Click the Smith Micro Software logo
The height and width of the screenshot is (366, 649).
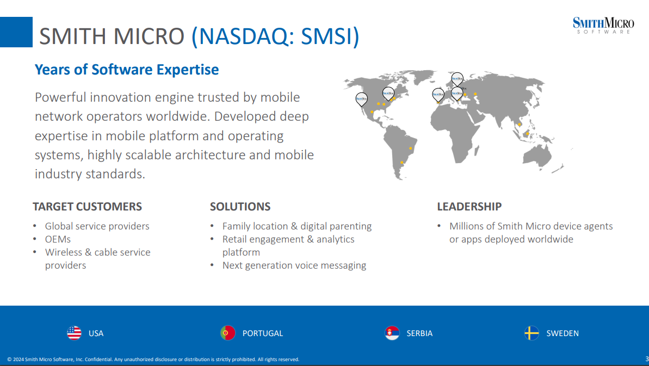[x=603, y=25]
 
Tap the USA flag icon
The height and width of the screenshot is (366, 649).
[x=74, y=333]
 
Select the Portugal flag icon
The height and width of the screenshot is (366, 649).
[x=227, y=333]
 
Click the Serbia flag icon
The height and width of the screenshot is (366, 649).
[x=392, y=333]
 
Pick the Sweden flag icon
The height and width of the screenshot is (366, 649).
[x=531, y=333]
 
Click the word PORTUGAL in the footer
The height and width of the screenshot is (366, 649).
[x=262, y=333]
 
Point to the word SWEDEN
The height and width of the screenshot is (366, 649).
[x=563, y=333]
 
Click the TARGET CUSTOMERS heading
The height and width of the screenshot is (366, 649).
[x=88, y=206]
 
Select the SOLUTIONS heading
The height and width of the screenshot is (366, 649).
[x=240, y=206]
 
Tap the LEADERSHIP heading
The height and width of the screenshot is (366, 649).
[x=469, y=206]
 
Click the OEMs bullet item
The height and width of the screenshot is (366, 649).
[x=58, y=239]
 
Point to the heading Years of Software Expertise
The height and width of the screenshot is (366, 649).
[x=127, y=70]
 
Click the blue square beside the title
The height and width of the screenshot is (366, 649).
[x=16, y=32]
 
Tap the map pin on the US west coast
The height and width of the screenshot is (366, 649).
[x=361, y=100]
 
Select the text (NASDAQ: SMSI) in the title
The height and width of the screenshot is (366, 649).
[x=275, y=36]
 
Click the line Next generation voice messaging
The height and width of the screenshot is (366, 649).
[x=294, y=265]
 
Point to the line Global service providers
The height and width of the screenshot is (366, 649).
[x=97, y=226]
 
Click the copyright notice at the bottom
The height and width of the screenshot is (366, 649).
[x=153, y=359]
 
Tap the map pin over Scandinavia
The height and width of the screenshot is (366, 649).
[x=457, y=78]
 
